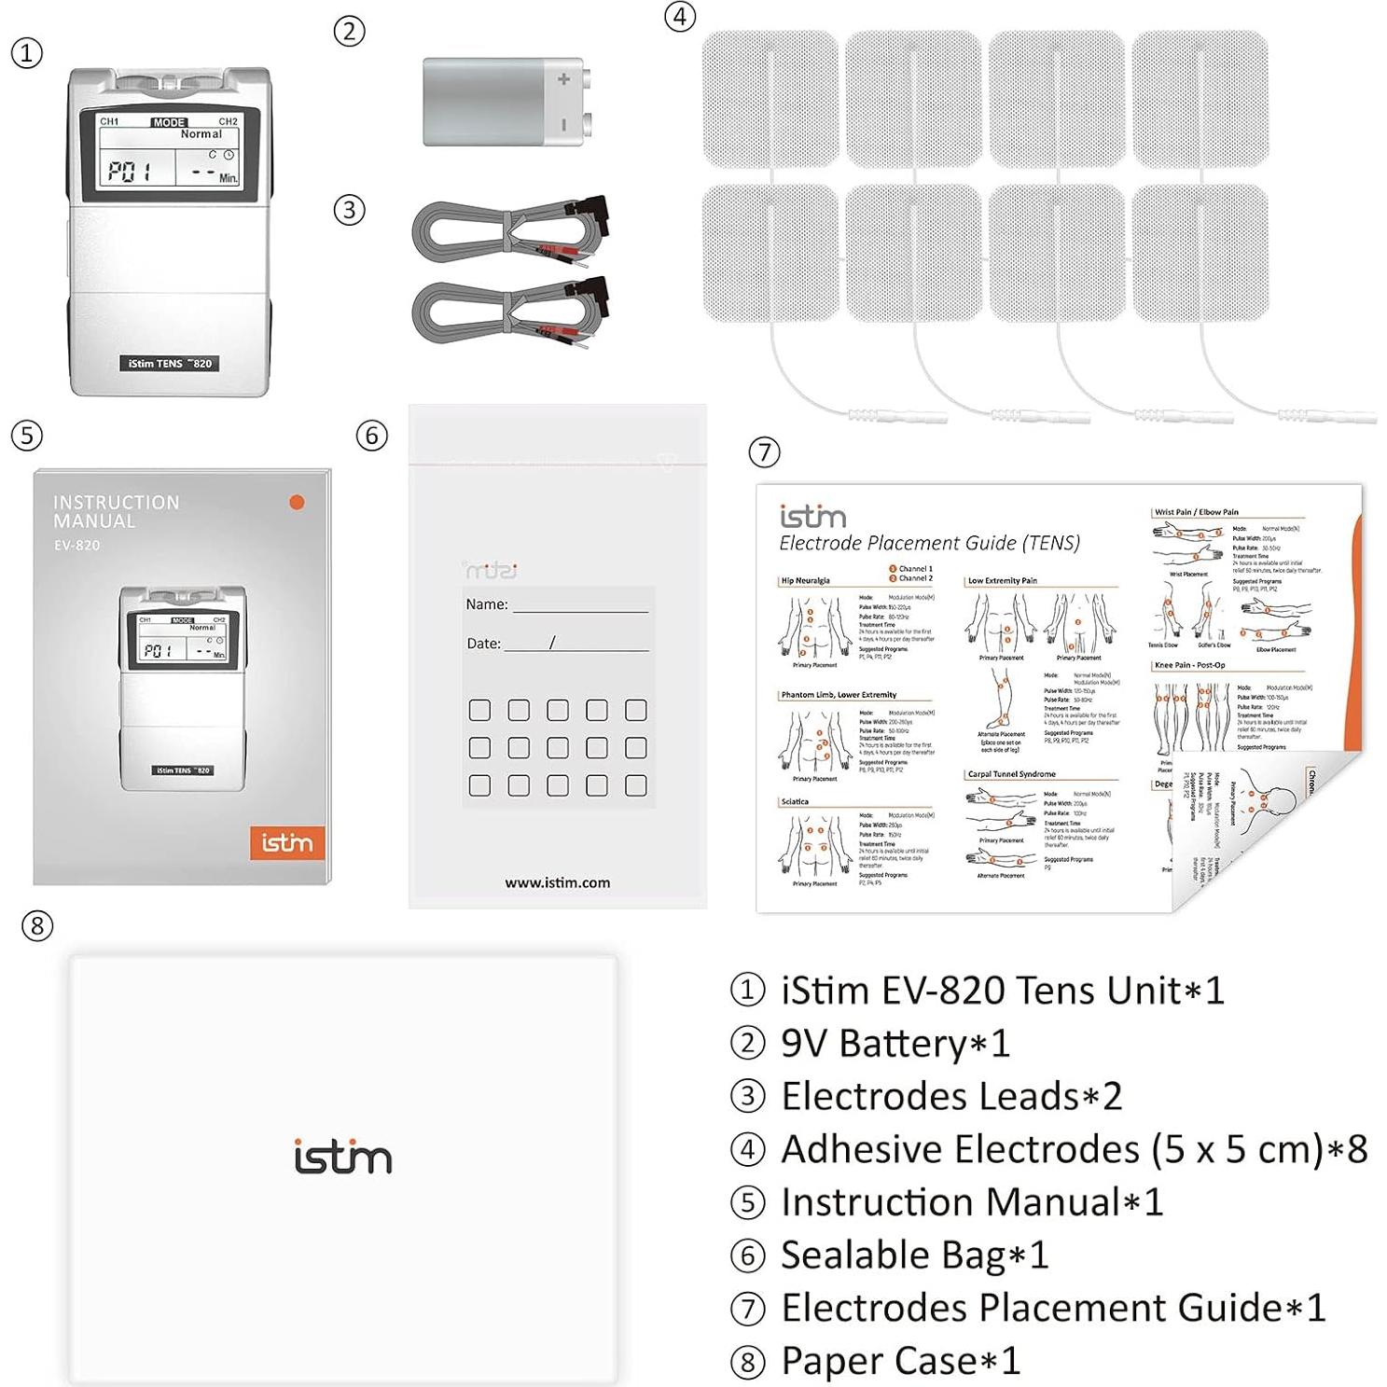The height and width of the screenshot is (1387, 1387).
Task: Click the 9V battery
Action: pos(504,103)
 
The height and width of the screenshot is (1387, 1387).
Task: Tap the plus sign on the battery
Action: pos(563,80)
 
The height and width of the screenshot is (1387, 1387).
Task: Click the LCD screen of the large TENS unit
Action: pos(168,158)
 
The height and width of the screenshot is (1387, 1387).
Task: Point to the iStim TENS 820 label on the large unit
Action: pos(170,363)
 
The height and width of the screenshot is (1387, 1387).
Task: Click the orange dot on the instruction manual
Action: pos(297,502)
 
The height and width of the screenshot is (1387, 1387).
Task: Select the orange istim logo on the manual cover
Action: pos(286,843)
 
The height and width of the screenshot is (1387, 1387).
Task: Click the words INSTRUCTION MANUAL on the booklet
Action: pos(116,511)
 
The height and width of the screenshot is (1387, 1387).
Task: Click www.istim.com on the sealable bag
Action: pos(557,882)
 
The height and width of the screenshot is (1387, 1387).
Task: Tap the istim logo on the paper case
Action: pos(342,1158)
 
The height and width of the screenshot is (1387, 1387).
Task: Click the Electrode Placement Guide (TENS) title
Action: pos(929,543)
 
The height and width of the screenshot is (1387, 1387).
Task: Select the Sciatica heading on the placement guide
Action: pos(795,801)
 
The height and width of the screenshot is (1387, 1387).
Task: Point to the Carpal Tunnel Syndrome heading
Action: pos(1011,774)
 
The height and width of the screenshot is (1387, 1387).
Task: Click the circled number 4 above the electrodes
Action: pos(680,16)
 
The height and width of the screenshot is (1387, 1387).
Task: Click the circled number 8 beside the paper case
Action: pos(36,925)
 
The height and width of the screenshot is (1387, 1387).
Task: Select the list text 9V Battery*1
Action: pos(895,1043)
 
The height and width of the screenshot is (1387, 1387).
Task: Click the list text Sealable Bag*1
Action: pos(914,1255)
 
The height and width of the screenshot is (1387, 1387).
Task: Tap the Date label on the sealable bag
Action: pos(483,644)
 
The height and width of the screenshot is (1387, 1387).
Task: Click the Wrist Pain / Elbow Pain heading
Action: pos(1196,512)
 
